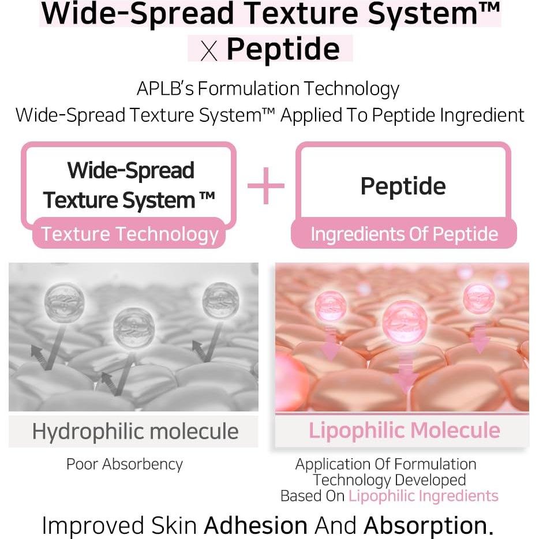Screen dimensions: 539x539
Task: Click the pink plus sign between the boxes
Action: [x=266, y=186]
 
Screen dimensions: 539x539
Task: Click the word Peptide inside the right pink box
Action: [x=403, y=186]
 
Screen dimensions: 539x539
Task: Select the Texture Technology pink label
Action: [x=129, y=233]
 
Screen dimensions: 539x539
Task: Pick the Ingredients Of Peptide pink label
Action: [x=404, y=233]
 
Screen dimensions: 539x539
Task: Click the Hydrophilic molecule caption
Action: [x=135, y=432]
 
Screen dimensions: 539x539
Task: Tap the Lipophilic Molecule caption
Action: [x=404, y=430]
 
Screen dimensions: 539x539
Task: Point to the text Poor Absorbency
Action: [x=125, y=465]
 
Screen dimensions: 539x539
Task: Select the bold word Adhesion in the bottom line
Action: [x=256, y=525]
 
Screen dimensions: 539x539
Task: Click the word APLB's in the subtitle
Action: [x=165, y=89]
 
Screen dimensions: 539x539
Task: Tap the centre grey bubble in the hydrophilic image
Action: [x=134, y=327]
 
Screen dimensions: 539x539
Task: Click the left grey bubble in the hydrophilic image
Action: [x=64, y=301]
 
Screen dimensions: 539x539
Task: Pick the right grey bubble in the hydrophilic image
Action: [x=220, y=301]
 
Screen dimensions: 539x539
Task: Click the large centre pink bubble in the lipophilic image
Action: [x=405, y=322]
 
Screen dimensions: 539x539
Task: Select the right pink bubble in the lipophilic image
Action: [x=479, y=298]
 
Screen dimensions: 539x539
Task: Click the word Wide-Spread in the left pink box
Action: [x=130, y=171]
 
